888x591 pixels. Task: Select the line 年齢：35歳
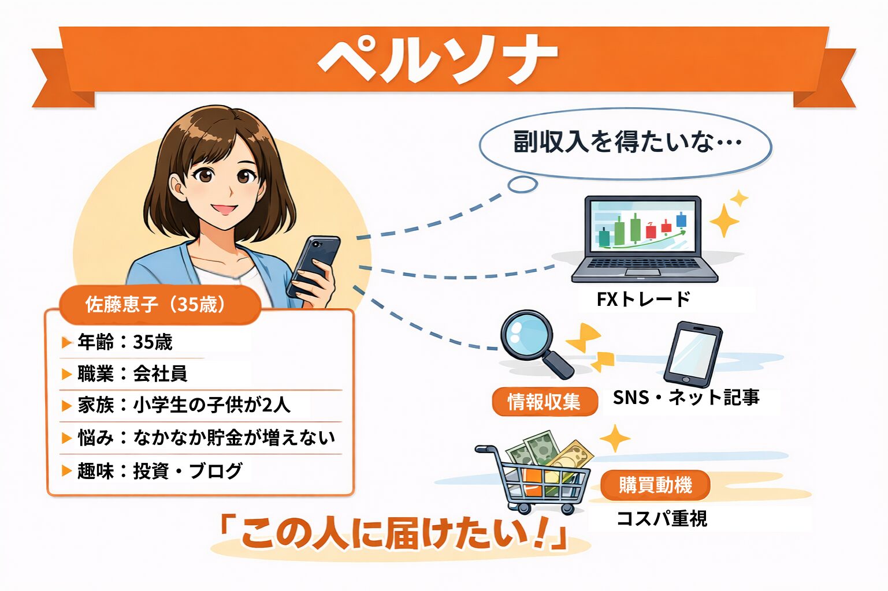124,342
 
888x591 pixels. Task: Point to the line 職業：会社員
124,373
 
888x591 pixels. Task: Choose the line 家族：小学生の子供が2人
176,405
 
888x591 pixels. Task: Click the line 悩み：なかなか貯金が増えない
198,437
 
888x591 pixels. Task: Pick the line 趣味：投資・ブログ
152,470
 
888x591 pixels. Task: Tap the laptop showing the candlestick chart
644,239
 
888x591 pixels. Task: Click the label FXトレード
644,300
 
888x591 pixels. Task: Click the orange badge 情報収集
545,402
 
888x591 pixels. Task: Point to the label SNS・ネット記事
686,397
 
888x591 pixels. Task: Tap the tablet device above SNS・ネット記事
693,354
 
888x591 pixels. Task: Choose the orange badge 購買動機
655,485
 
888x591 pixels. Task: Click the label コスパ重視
662,518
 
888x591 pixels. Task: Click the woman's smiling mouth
224,209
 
